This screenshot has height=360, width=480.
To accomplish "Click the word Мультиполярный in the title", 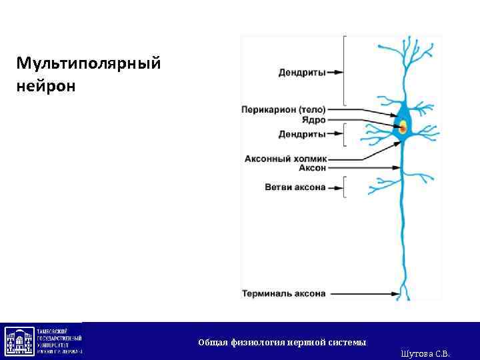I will pos(89,64).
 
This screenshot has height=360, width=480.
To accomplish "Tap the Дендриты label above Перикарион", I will pos(301,72).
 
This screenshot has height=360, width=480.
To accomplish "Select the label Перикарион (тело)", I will pos(283,109).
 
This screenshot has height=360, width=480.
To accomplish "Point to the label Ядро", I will pos(313,120).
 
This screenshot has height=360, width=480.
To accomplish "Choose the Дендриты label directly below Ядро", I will pos(301,134).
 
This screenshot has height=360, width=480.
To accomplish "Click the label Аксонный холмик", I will pos(285,159).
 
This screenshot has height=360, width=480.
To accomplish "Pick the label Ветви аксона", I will pos(295,187).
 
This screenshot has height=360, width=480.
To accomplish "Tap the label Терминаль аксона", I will pos(283,293).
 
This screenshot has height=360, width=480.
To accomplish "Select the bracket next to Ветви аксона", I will pos(344,187).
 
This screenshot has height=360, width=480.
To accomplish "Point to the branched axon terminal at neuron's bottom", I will pos(403,293).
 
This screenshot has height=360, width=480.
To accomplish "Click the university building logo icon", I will pos(20,341).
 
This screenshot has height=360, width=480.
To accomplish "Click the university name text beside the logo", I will pos(59,341).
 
